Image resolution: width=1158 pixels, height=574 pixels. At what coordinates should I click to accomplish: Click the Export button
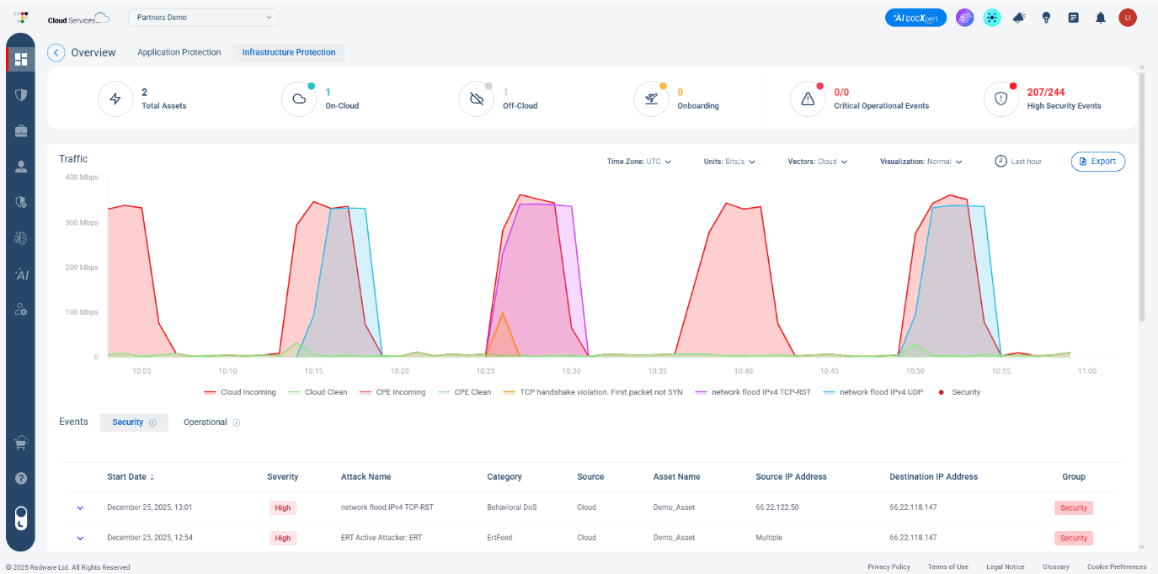(1097, 162)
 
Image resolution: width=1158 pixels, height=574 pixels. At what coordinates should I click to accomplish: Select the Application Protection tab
(179, 52)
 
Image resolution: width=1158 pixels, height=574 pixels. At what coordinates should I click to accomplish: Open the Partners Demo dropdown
(203, 18)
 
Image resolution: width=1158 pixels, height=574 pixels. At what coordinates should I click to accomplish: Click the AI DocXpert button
(915, 18)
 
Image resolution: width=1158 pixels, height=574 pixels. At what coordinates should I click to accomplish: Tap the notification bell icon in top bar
(1100, 18)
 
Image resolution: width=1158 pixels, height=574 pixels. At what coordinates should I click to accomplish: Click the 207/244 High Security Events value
(1045, 93)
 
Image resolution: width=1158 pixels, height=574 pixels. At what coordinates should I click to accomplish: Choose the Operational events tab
(205, 423)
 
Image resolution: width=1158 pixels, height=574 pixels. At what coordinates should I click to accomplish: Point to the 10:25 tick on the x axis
(485, 370)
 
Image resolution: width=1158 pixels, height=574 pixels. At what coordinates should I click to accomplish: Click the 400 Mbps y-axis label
(82, 178)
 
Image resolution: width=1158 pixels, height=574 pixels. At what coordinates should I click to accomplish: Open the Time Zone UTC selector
(639, 162)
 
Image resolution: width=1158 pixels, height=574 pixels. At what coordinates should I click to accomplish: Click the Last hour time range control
(1018, 162)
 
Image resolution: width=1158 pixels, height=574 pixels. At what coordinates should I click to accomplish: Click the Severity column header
(282, 476)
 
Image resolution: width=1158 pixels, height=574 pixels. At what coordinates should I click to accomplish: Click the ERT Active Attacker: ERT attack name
(381, 538)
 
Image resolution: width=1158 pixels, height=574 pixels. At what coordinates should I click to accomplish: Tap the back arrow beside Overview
(56, 52)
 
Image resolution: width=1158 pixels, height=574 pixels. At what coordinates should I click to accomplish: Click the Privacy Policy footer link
(889, 567)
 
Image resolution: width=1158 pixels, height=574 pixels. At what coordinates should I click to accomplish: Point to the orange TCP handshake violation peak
(503, 314)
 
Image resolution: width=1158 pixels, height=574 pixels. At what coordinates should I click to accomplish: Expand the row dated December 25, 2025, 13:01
(81, 508)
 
